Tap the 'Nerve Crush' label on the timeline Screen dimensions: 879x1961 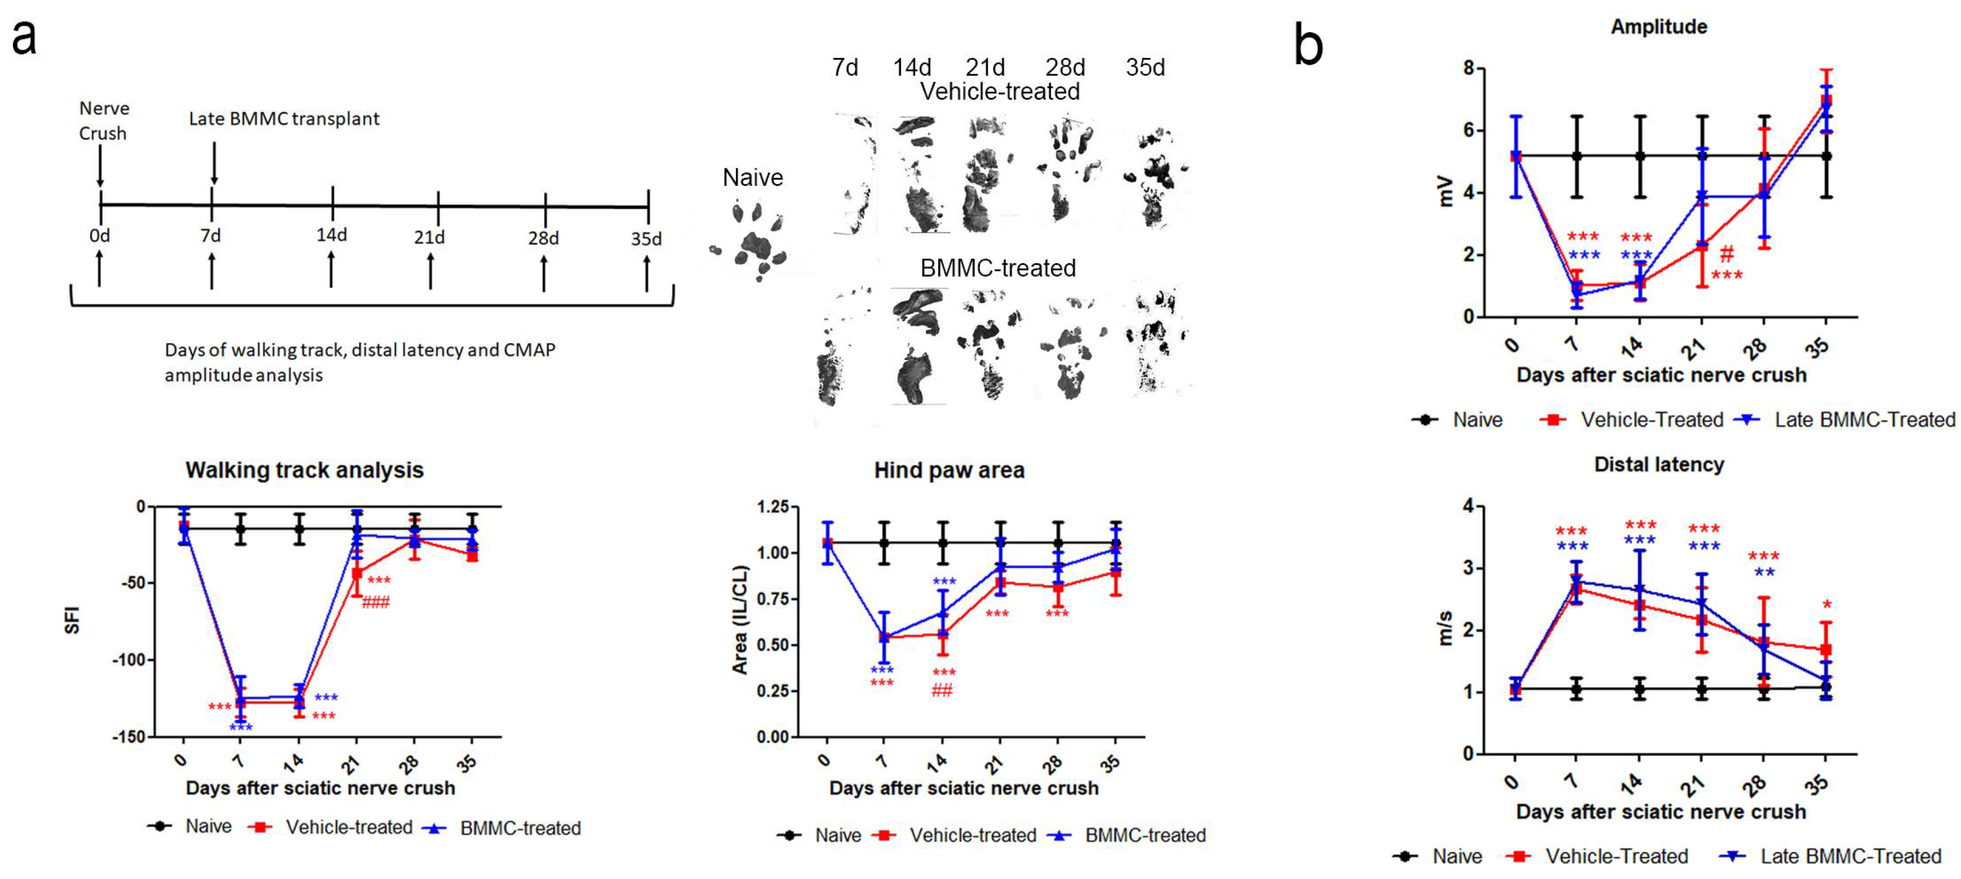pyautogui.click(x=104, y=120)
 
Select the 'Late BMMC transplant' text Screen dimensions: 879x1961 pyautogui.click(x=283, y=119)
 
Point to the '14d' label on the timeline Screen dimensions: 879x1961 pyautogui.click(x=332, y=234)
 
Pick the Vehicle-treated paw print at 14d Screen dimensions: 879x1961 pyautogui.click(x=920, y=175)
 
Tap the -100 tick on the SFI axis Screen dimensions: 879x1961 pyautogui.click(x=128, y=660)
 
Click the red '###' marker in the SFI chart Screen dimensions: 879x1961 pyautogui.click(x=375, y=603)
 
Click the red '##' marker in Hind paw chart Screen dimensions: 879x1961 pyautogui.click(x=942, y=690)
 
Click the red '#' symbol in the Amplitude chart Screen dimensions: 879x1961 pyautogui.click(x=1727, y=254)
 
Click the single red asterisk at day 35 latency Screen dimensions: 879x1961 pyautogui.click(x=1826, y=605)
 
